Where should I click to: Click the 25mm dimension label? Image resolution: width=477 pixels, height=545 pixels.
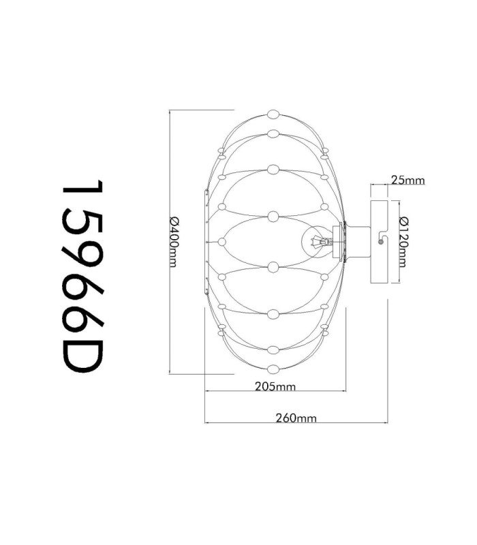[407, 180]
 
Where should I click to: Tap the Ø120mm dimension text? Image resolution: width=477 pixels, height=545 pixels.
[403, 242]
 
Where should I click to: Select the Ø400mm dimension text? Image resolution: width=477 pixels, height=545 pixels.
[174, 242]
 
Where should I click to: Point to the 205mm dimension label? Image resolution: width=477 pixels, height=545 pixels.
[275, 386]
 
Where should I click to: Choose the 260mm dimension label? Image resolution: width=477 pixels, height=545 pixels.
[296, 418]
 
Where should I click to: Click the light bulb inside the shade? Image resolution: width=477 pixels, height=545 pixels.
[316, 242]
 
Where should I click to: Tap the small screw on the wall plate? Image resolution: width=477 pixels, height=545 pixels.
[381, 242]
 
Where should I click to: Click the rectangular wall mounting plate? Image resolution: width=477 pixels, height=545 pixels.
[380, 242]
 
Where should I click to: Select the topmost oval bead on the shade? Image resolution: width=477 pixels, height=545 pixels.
[274, 114]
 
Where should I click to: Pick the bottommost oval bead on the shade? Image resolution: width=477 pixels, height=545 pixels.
[274, 369]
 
